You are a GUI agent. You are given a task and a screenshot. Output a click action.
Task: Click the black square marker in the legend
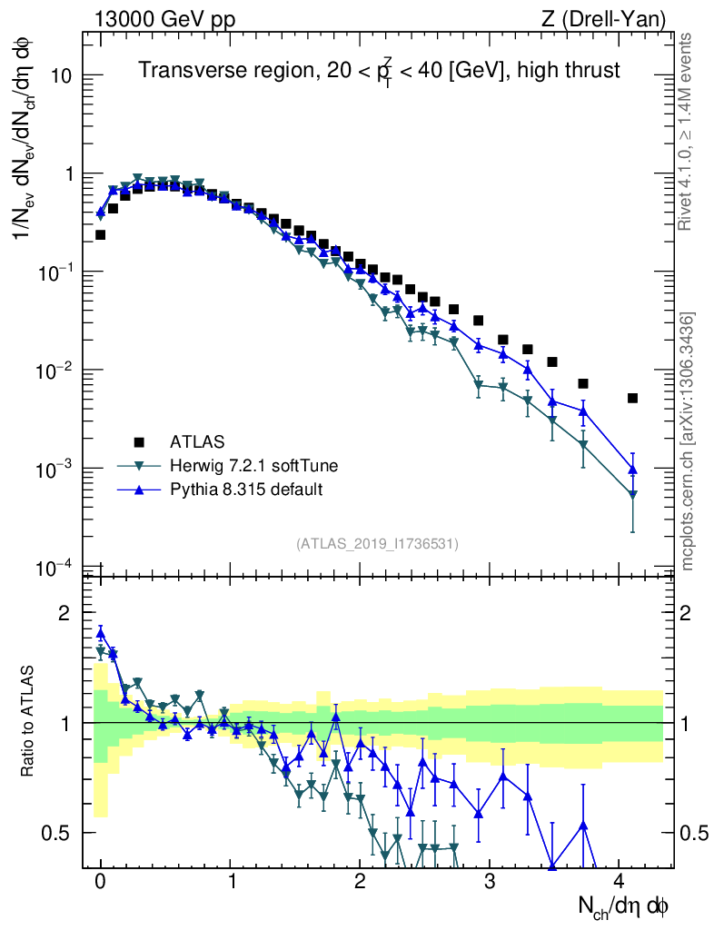pyautogui.click(x=139, y=442)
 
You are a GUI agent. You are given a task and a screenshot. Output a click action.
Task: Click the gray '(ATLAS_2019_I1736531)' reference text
pyautogui.click(x=377, y=544)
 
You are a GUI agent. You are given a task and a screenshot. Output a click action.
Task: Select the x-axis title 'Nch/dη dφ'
pyautogui.click(x=626, y=905)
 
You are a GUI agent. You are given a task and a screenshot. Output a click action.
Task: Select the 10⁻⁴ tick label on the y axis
pyautogui.click(x=55, y=569)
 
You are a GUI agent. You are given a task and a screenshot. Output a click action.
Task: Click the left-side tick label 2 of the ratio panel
pyautogui.click(x=64, y=613)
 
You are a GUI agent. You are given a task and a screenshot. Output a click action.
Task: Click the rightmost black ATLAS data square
pyautogui.click(x=632, y=398)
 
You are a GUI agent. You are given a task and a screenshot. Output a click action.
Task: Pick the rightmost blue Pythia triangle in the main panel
pyautogui.click(x=632, y=470)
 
